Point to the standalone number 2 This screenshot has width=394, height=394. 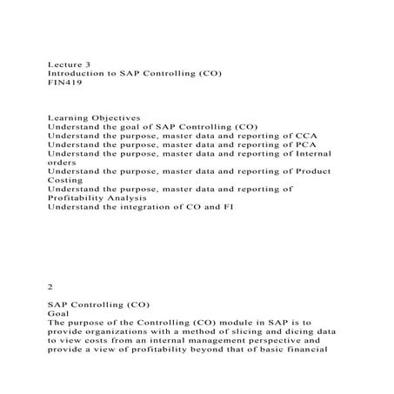point(50,284)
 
